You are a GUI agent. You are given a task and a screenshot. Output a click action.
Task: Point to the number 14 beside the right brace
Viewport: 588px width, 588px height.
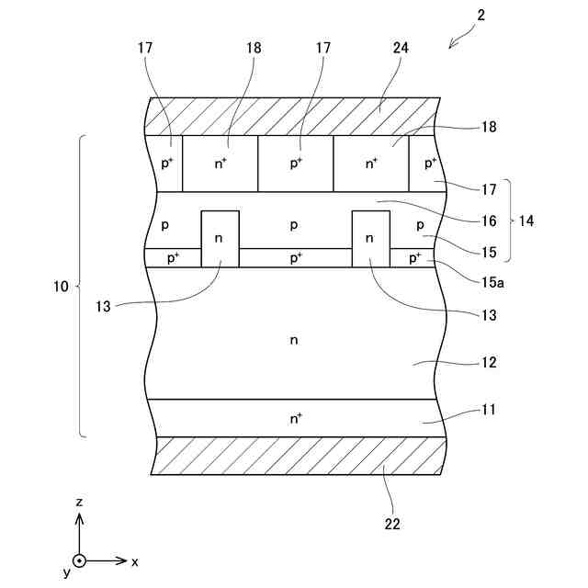pyautogui.click(x=527, y=220)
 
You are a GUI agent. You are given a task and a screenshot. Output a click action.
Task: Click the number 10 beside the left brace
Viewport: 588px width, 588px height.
pyautogui.click(x=60, y=288)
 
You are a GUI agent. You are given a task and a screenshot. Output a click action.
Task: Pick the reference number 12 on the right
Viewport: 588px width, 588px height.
pyautogui.click(x=488, y=363)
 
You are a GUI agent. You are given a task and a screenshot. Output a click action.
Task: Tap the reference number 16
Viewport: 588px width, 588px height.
pyautogui.click(x=489, y=220)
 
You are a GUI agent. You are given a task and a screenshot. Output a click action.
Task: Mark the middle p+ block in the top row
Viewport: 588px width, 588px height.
pyautogui.click(x=295, y=164)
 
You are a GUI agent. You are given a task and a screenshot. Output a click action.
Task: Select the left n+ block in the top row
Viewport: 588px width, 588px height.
pyautogui.click(x=220, y=164)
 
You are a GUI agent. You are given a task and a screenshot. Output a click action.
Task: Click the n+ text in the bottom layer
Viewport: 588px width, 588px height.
pyautogui.click(x=296, y=418)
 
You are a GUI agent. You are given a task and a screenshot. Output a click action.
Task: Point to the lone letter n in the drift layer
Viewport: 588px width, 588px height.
pyautogui.click(x=294, y=341)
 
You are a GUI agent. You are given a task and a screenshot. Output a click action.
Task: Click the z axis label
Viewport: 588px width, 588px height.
pyautogui.click(x=80, y=503)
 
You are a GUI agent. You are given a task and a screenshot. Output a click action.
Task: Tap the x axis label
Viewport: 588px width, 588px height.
pyautogui.click(x=135, y=560)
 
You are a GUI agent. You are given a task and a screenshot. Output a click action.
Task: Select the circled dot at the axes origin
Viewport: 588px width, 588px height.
pyautogui.click(x=80, y=560)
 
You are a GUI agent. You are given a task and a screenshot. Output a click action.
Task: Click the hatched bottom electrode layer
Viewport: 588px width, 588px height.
pyautogui.click(x=299, y=456)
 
